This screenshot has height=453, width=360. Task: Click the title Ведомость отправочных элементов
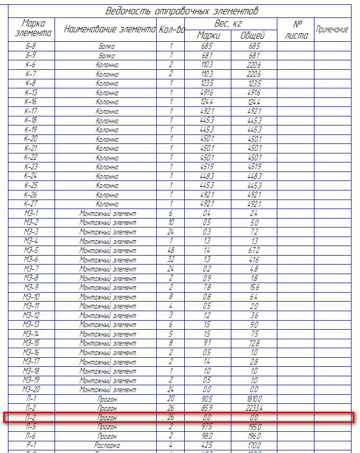click(x=182, y=11)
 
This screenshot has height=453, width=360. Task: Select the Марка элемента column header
click(x=31, y=29)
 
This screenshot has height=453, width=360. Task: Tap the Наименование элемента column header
click(x=110, y=30)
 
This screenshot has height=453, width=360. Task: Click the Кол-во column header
click(x=172, y=30)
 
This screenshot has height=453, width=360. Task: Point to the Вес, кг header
click(x=231, y=24)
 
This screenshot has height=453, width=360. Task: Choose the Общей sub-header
click(x=253, y=35)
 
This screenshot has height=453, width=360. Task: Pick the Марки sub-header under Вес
click(x=209, y=35)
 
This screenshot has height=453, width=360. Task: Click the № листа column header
click(x=295, y=30)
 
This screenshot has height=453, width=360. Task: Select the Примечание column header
click(x=332, y=30)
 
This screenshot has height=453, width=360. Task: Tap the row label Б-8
click(x=31, y=47)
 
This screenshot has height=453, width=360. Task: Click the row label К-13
click(x=31, y=93)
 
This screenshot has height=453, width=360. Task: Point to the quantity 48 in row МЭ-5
click(x=171, y=250)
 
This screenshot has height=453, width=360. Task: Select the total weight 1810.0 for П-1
click(x=254, y=398)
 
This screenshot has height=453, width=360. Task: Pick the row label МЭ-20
click(x=31, y=389)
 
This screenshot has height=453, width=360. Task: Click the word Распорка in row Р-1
click(x=107, y=446)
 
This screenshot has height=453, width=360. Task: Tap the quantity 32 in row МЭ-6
click(x=171, y=259)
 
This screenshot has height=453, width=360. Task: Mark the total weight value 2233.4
click(x=254, y=408)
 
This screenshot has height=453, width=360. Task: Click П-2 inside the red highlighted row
click(x=31, y=418)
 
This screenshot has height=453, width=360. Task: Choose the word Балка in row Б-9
click(x=107, y=56)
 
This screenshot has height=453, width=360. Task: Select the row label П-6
click(x=31, y=436)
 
